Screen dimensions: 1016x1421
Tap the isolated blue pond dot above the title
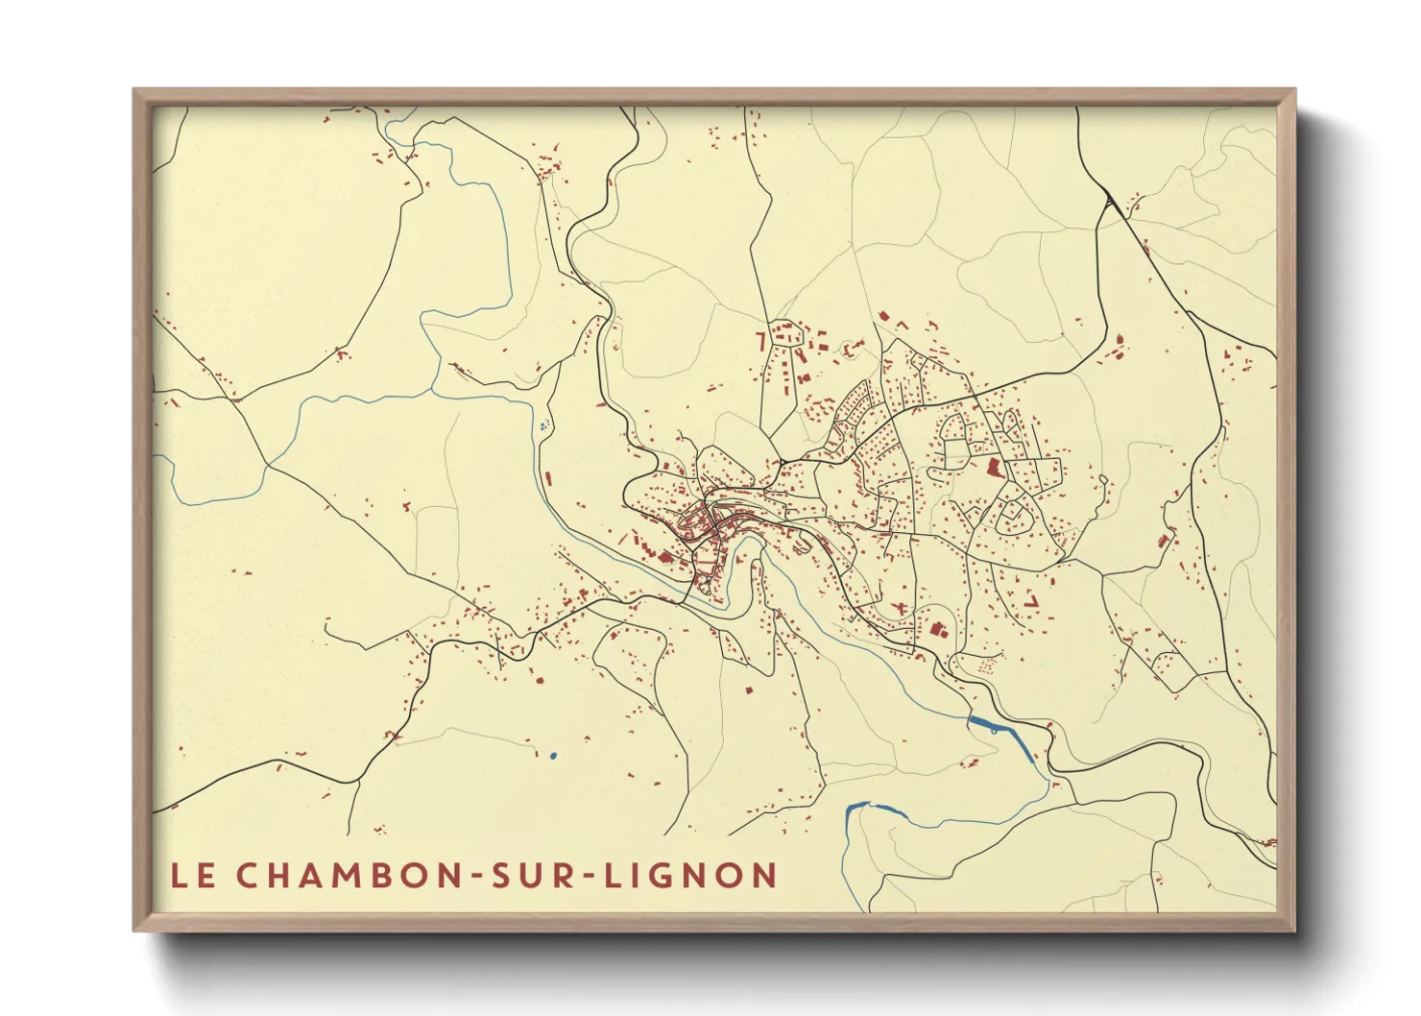tap(553, 756)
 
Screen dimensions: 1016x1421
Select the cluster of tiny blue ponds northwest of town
tap(544, 424)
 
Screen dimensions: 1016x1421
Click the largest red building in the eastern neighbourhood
tap(993, 469)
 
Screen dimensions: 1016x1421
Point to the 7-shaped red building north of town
tap(760, 340)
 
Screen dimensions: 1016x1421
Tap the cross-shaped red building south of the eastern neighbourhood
tap(900, 608)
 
